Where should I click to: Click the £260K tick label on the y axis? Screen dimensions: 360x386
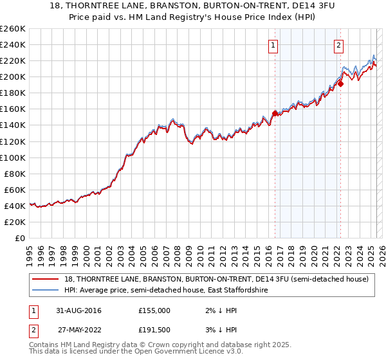pyautogui.click(x=12, y=29)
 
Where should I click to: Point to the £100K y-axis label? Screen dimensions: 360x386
pyautogui.click(x=12, y=157)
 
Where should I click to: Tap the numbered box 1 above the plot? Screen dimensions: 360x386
pyautogui.click(x=274, y=45)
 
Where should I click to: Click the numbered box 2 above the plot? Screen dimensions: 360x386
pyautogui.click(x=338, y=45)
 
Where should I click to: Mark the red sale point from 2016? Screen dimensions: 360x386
pyautogui.click(x=275, y=113)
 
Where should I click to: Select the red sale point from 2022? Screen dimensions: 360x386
pyautogui.click(x=340, y=83)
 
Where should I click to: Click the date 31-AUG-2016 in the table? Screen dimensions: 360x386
pyautogui.click(x=79, y=310)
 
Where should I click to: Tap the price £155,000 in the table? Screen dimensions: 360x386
pyautogui.click(x=154, y=310)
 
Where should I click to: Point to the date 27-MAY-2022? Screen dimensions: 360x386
pyautogui.click(x=79, y=330)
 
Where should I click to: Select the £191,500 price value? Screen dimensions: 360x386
pyautogui.click(x=154, y=330)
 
